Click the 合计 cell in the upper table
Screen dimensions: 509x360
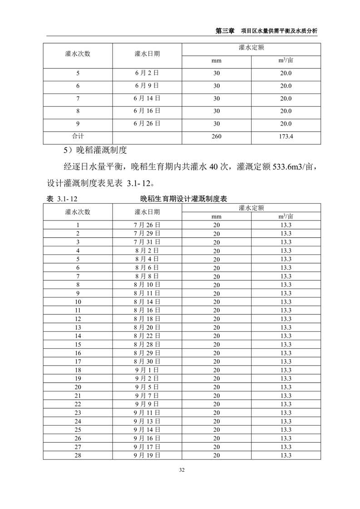click(78, 136)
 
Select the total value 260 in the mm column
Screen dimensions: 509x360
click(217, 136)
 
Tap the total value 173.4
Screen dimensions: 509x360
click(286, 136)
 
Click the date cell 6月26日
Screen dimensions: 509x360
click(147, 123)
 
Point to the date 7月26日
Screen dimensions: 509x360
click(147, 225)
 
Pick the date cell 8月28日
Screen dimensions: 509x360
click(147, 344)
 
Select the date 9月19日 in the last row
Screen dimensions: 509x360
click(147, 455)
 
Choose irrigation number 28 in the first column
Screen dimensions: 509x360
click(78, 455)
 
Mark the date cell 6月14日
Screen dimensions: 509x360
click(147, 98)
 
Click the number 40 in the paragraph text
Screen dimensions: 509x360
click(213, 167)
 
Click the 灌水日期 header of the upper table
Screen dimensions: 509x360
click(147, 54)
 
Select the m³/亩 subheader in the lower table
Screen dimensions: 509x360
click(286, 216)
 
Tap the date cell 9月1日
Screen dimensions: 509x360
click(147, 370)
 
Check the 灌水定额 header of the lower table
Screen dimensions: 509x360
click(251, 207)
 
